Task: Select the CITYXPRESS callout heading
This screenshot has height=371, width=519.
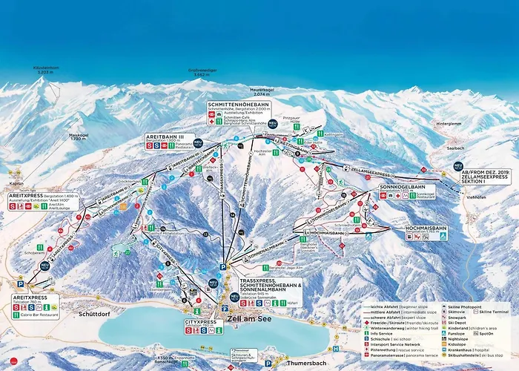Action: pyautogui.click(x=200, y=322)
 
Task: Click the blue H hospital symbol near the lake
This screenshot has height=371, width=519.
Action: pyautogui.click(x=335, y=348)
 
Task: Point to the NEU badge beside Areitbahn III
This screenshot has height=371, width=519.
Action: pyautogui.click(x=198, y=142)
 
